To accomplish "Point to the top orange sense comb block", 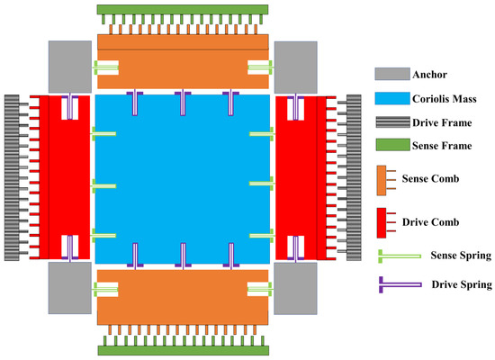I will [x=181, y=58].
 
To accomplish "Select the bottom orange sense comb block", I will [x=181, y=297].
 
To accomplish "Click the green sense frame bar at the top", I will [x=181, y=8].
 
